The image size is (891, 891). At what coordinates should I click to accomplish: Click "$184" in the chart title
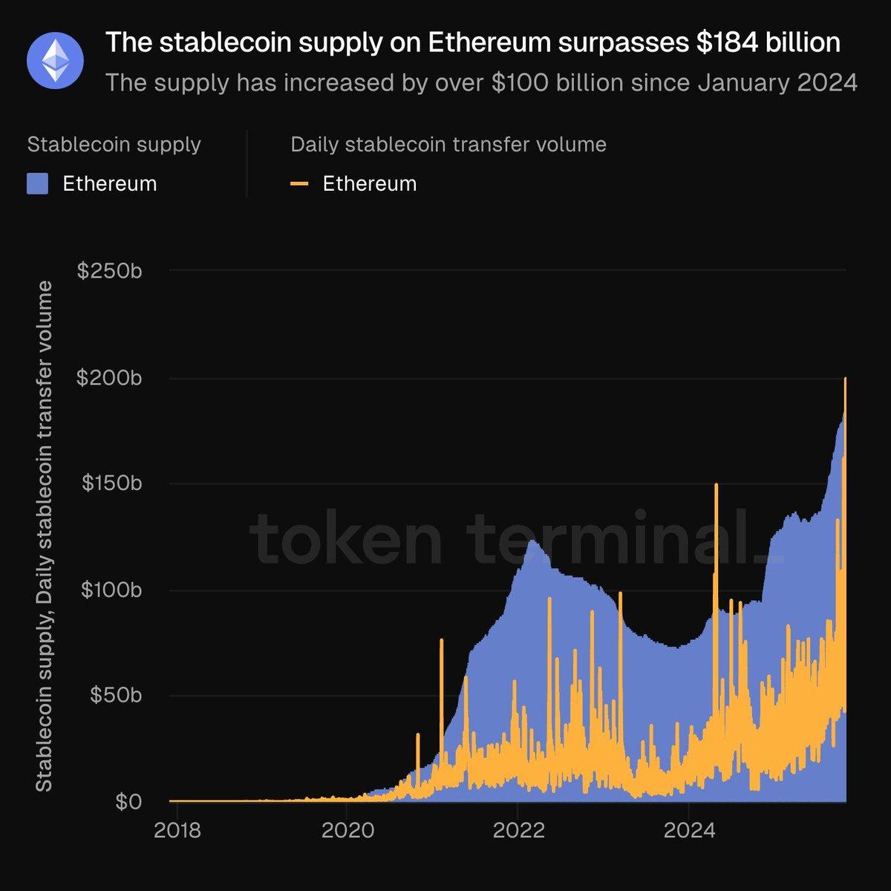coord(728,43)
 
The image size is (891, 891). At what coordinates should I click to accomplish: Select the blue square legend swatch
coord(37,183)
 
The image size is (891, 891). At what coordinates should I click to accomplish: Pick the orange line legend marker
coord(299,183)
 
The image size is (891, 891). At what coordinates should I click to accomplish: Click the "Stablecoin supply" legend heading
coord(114,144)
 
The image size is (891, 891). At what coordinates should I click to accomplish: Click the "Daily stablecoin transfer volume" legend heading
coord(448,144)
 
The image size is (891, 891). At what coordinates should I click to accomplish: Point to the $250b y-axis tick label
coord(109,271)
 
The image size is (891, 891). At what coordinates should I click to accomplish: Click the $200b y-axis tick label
coord(109,378)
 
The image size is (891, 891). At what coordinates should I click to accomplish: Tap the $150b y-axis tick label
coord(109,483)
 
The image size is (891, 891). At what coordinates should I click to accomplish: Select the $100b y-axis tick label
coord(109,590)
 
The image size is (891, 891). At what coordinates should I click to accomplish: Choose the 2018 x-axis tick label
coord(177,829)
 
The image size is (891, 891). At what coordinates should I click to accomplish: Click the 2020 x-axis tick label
coord(347,829)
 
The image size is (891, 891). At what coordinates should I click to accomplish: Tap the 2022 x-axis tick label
coord(518,829)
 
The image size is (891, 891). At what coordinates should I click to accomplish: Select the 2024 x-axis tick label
coord(688,829)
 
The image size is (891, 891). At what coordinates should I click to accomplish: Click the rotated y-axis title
coord(45,536)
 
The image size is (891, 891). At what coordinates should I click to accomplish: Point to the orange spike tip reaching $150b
coord(716,485)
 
